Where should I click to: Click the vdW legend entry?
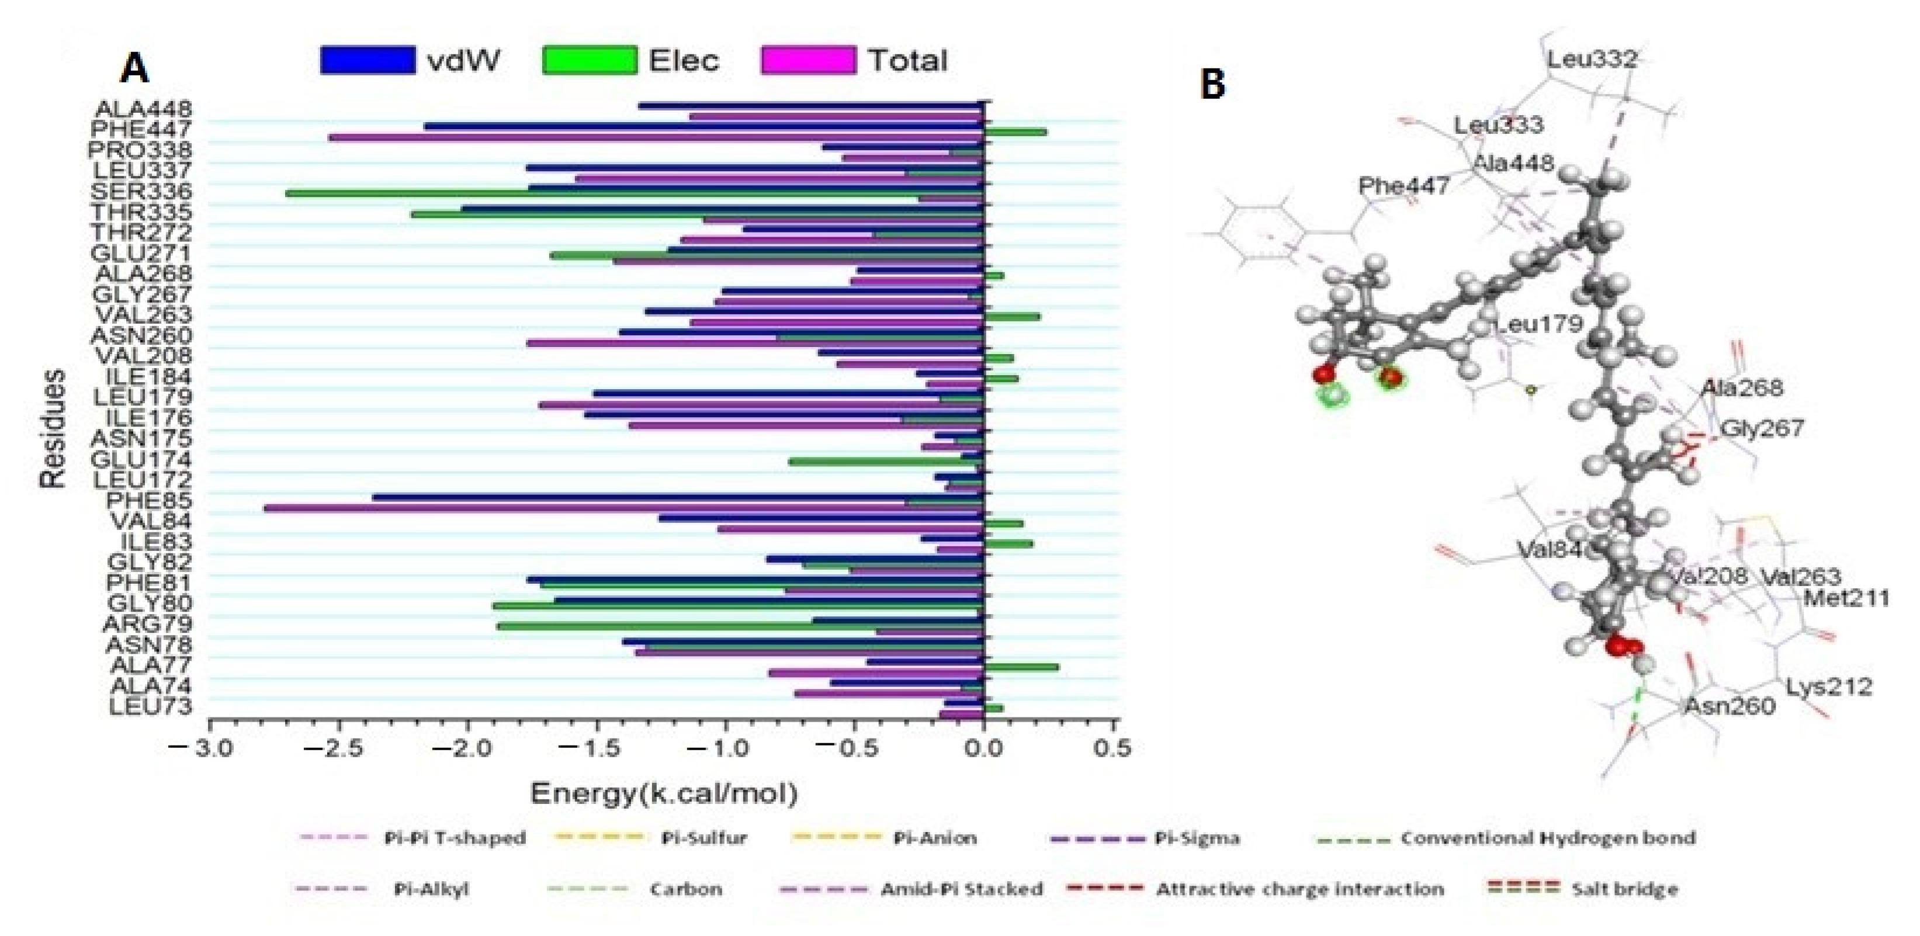(x=463, y=60)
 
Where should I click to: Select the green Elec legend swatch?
(x=590, y=60)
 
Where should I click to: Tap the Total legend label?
(x=907, y=60)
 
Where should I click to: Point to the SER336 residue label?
(x=141, y=192)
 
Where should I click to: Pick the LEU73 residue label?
(x=151, y=706)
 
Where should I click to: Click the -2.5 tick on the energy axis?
(x=338, y=747)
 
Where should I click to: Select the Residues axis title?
(x=52, y=428)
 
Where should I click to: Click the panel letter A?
(x=135, y=70)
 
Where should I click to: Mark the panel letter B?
(x=1212, y=84)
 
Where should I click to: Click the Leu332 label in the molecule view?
(x=1593, y=59)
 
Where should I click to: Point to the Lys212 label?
(x=1829, y=687)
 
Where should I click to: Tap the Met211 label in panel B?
(x=1846, y=598)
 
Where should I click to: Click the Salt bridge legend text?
(x=1625, y=889)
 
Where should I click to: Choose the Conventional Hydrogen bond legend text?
(x=1548, y=838)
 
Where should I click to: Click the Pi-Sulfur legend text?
(x=703, y=838)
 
